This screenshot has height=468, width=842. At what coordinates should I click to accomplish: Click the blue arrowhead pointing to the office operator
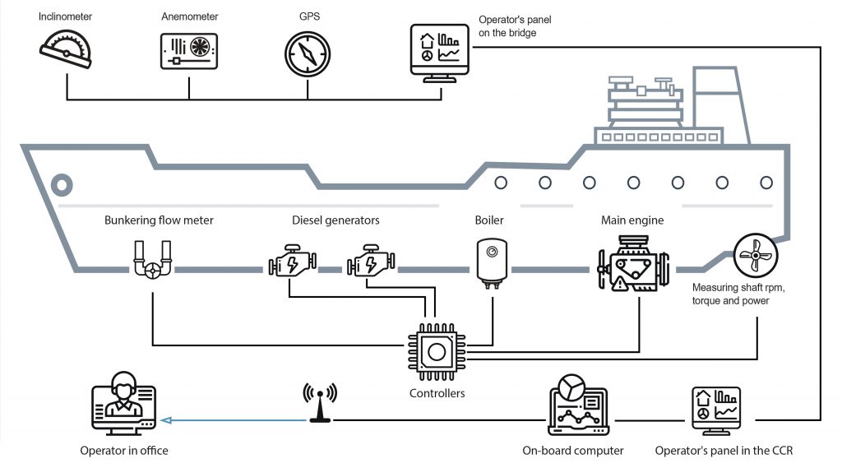point(165,420)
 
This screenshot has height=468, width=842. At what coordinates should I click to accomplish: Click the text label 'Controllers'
point(437,393)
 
